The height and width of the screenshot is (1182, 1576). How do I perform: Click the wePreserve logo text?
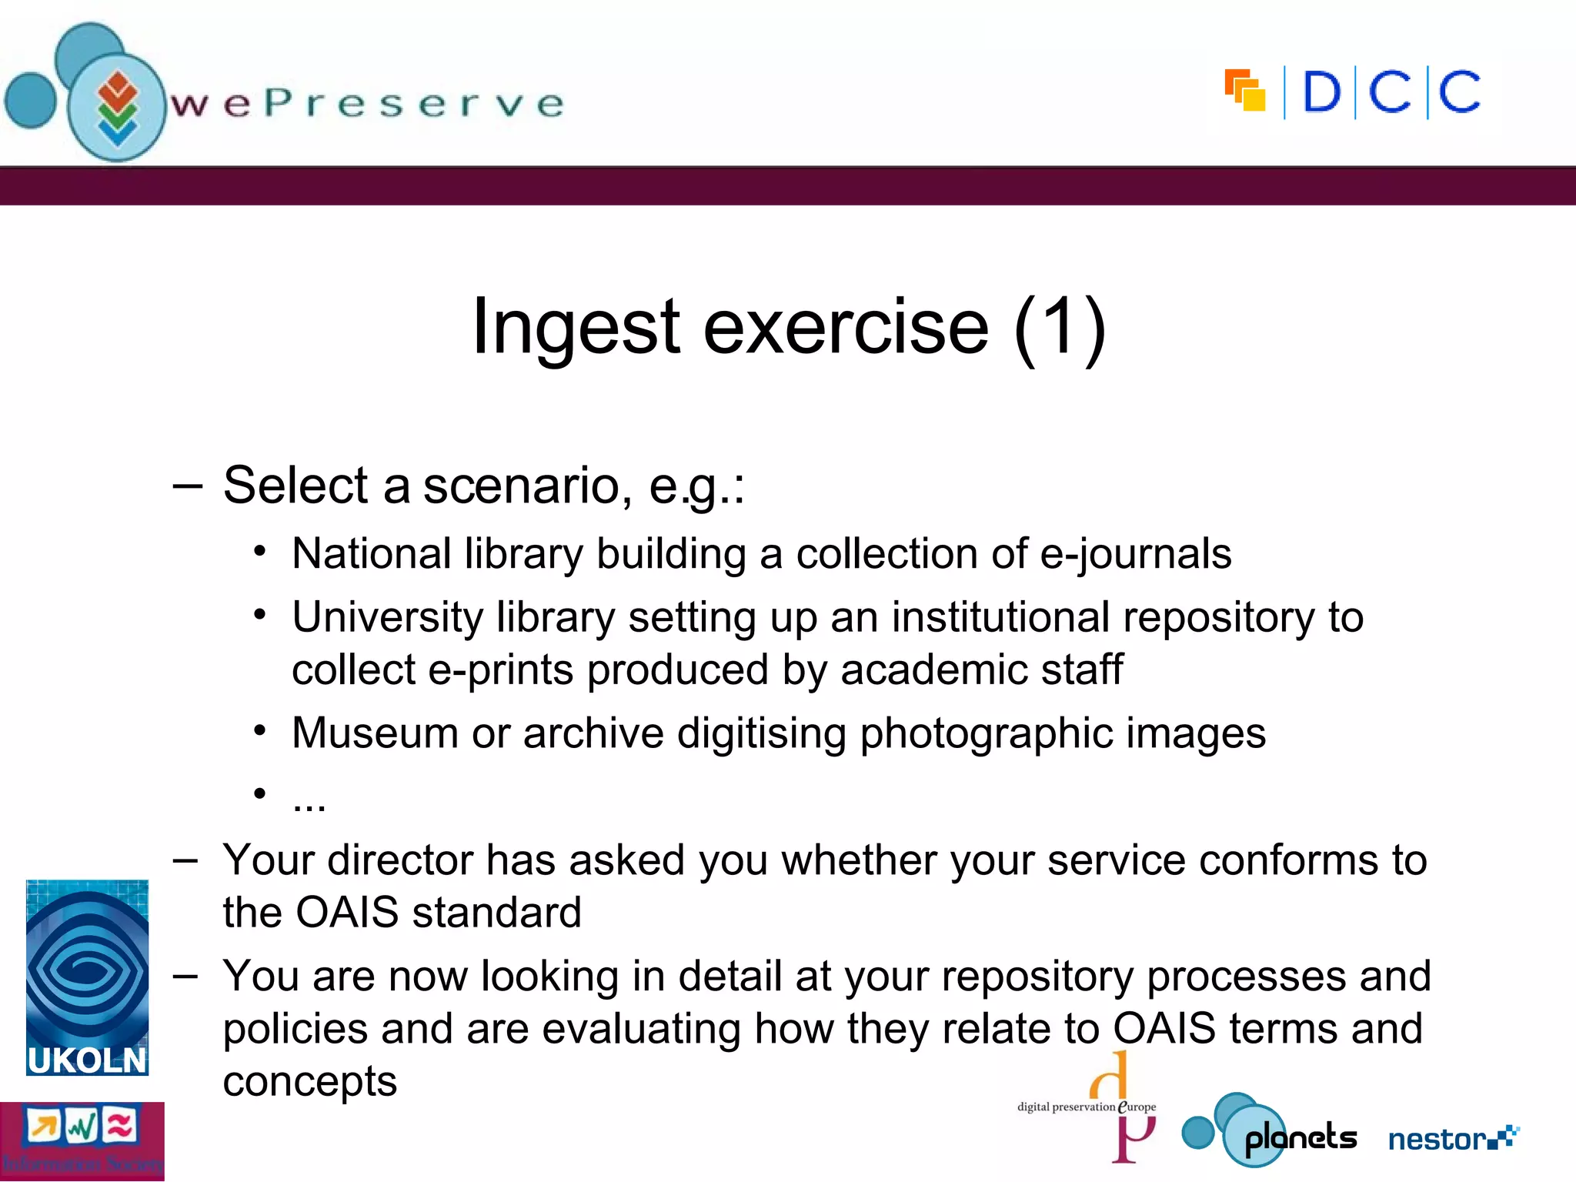368,103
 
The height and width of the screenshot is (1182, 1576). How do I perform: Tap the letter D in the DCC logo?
1321,92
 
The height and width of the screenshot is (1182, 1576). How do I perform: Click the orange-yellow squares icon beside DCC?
1245,90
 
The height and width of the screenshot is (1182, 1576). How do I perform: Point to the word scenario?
521,486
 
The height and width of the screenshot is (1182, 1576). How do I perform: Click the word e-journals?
1135,554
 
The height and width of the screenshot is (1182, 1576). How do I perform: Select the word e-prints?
500,669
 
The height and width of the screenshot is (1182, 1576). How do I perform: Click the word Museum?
375,733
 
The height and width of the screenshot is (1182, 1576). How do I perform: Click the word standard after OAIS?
496,913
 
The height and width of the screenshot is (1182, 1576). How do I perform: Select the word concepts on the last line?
309,1081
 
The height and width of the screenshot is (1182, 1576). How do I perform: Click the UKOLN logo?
87,977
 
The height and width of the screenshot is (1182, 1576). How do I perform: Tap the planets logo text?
1300,1138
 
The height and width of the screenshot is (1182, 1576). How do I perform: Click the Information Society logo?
82,1141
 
